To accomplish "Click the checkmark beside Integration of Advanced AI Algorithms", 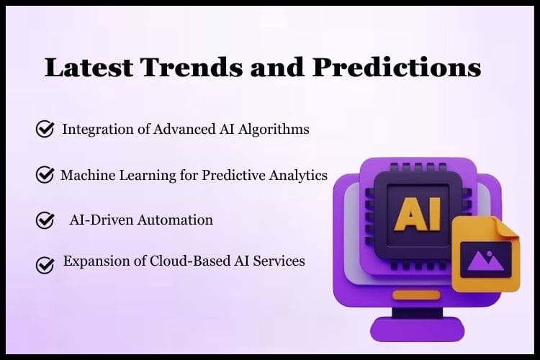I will (x=45, y=129).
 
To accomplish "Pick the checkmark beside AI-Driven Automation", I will (x=45, y=220).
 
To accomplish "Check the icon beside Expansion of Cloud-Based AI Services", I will (x=45, y=265).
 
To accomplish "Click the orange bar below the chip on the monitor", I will (x=417, y=295).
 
